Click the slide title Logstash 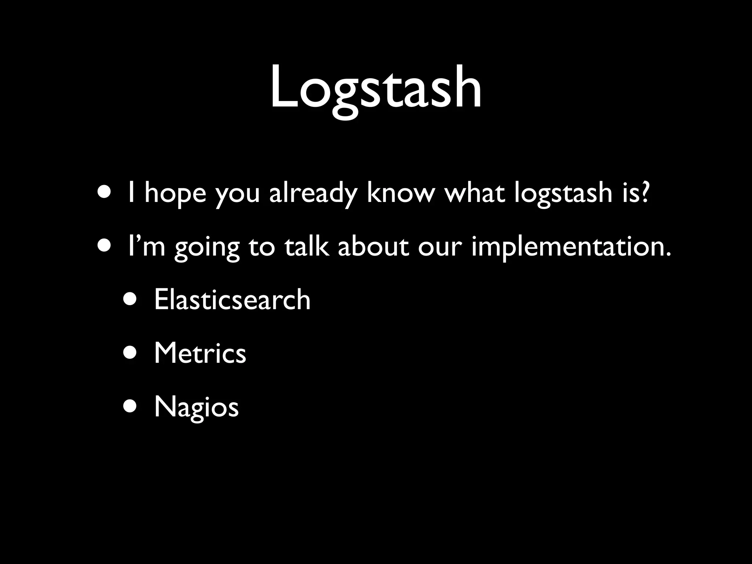point(376,88)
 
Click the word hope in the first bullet point(175,194)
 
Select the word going point(207,248)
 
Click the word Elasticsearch point(232,299)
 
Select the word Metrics point(200,353)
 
